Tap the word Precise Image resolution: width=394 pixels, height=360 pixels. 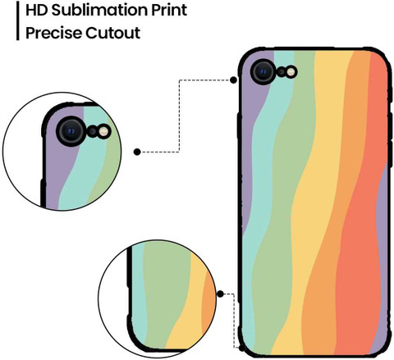click(53, 33)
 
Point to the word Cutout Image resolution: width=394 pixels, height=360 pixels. click(113, 33)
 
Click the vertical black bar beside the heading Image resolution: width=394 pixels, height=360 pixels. click(18, 21)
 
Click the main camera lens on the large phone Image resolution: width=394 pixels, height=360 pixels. click(263, 72)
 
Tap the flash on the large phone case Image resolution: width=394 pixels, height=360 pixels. click(291, 72)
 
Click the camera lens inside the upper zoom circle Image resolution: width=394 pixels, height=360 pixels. click(71, 131)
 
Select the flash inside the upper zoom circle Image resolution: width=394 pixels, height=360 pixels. click(103, 131)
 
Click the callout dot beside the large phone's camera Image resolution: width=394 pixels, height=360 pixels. click(233, 80)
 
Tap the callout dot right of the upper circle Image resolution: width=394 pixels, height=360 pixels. click(137, 152)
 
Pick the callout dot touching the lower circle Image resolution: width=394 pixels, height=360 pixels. click(220, 294)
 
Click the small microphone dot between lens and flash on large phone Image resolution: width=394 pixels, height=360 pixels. click(282, 72)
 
